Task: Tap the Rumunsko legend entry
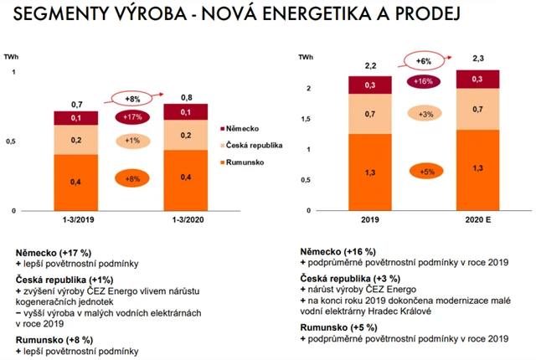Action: (245, 161)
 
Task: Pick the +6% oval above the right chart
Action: (425, 60)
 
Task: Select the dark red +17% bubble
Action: (132, 117)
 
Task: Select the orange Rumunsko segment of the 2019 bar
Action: (370, 172)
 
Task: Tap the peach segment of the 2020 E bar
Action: (477, 110)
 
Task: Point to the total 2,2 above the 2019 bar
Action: (370, 64)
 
